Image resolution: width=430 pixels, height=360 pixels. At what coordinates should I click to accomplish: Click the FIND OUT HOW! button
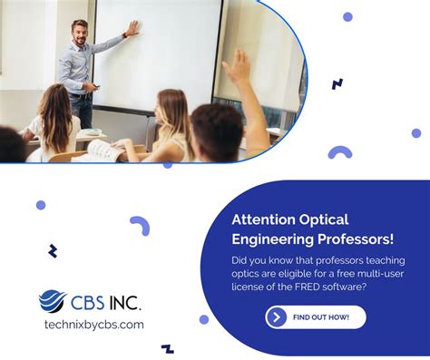316,316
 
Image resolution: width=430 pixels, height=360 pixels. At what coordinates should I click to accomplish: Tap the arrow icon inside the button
277,316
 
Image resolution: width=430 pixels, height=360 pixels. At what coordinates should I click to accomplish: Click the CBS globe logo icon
53,301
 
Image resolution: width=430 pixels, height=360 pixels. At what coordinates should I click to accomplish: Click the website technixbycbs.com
93,325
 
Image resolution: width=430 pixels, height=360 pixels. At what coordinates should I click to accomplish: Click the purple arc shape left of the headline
140,224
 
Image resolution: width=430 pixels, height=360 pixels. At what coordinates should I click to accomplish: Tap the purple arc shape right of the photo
340,152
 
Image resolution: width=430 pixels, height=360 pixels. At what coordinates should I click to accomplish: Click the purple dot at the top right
347,16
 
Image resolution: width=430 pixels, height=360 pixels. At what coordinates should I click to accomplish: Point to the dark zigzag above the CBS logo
53,251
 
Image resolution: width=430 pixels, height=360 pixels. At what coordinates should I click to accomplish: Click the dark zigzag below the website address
167,347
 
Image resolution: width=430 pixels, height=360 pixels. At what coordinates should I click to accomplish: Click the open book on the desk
102,151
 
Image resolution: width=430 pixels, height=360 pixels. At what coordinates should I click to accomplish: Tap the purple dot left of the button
204,319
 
